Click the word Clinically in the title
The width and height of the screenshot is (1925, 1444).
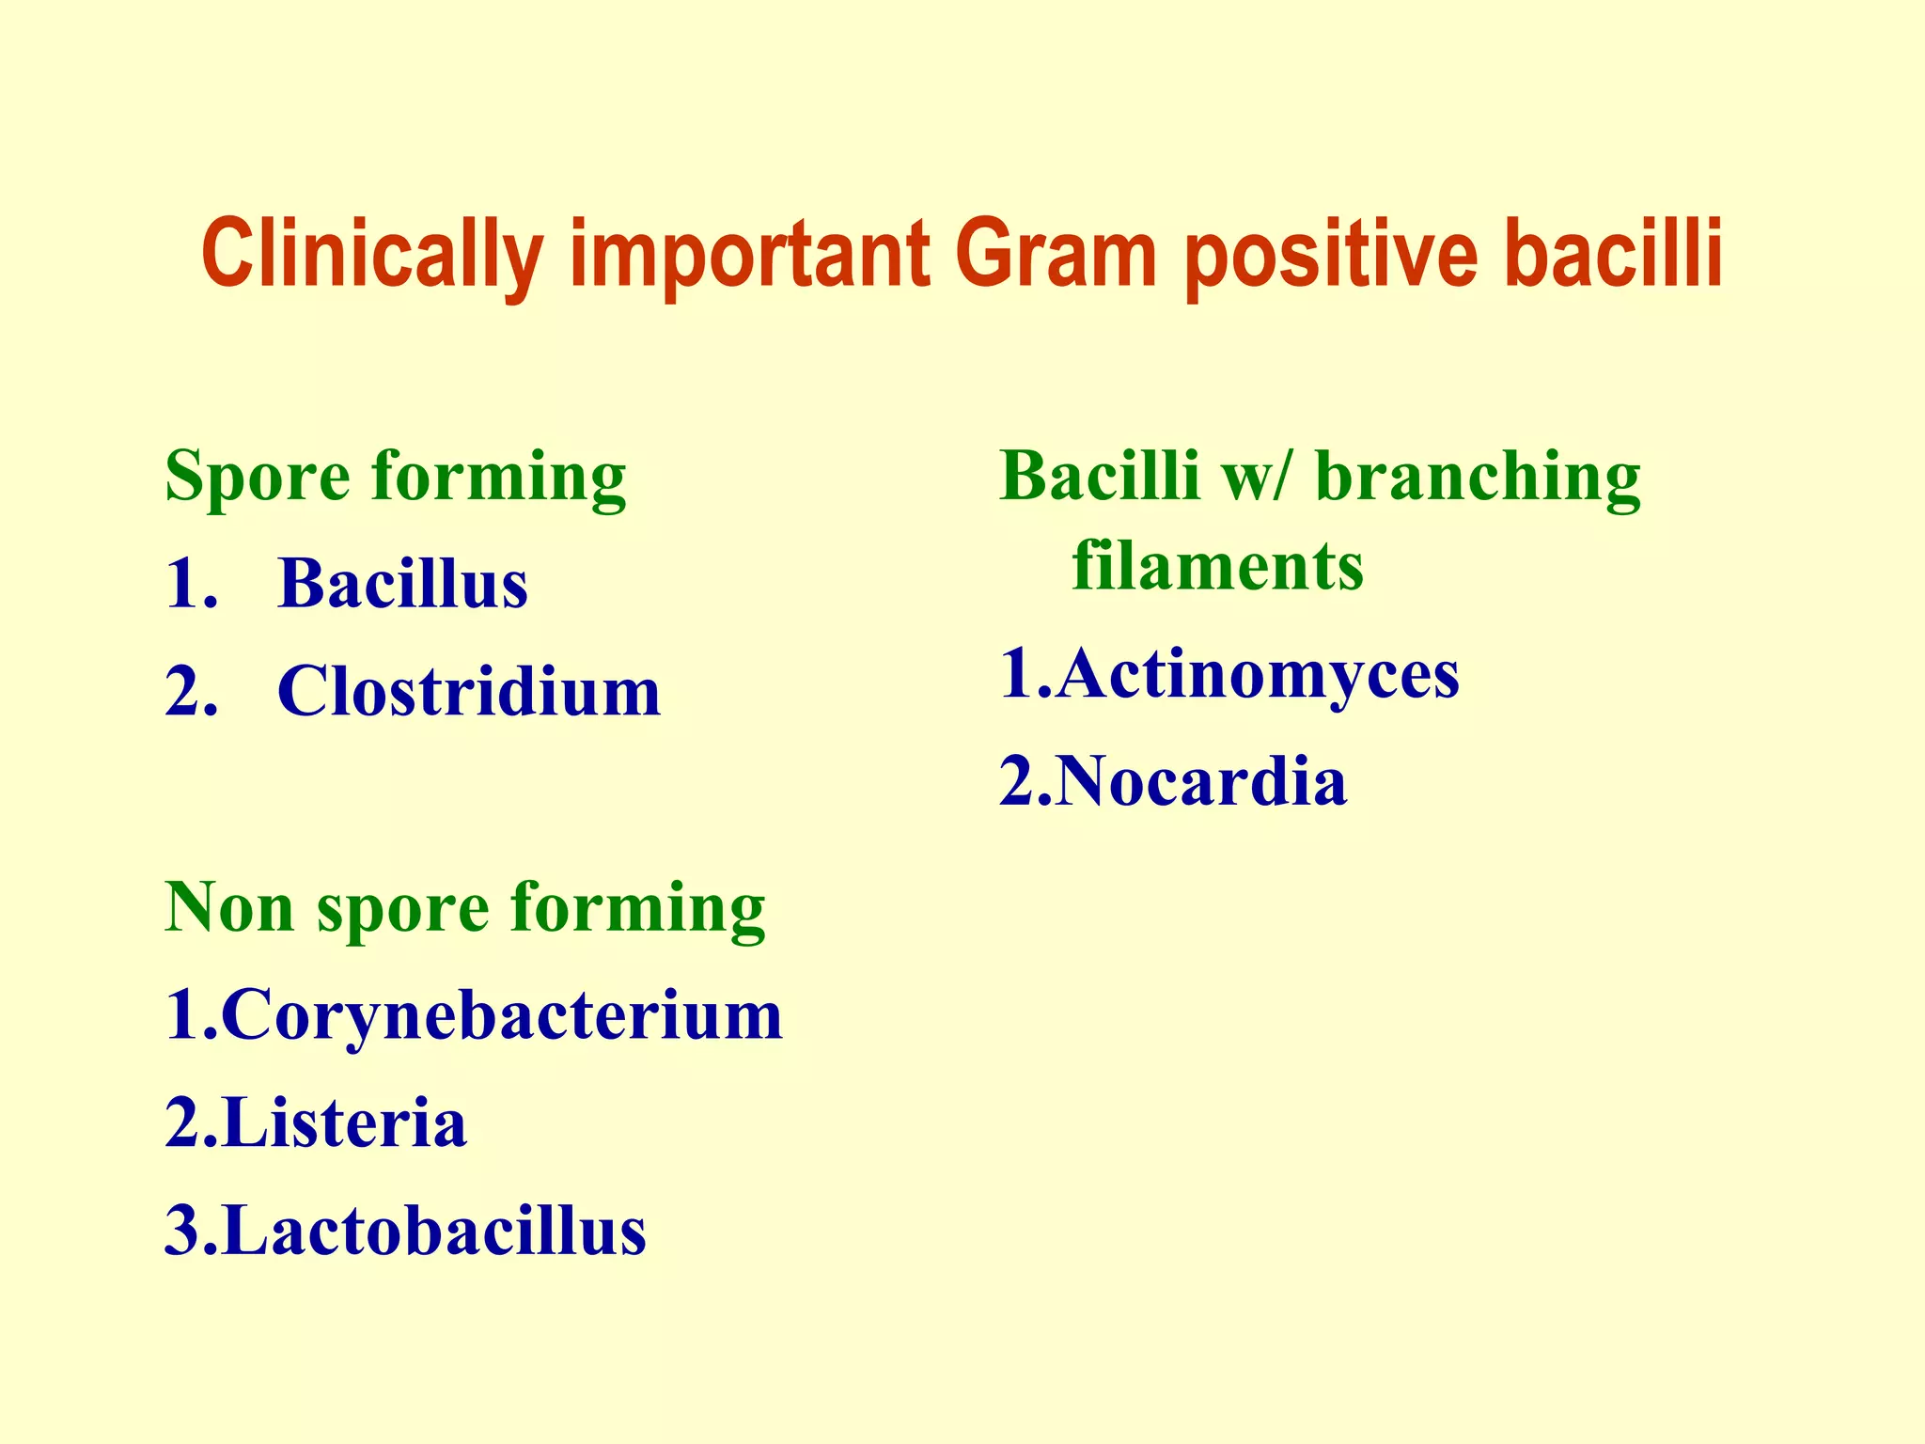coord(371,256)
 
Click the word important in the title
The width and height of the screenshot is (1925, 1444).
coord(750,256)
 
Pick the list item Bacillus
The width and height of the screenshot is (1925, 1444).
coord(402,585)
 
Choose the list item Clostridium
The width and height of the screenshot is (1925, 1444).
coord(468,693)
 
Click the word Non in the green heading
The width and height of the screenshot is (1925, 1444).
coord(229,909)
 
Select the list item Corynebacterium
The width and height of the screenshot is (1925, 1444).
coord(502,1017)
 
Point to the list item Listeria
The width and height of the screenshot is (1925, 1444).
coord(344,1124)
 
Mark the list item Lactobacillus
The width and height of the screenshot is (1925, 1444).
coord(434,1232)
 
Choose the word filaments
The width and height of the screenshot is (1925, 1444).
coord(1217,567)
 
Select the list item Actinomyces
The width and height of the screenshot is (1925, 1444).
coord(1257,675)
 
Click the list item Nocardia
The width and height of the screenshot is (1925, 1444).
coord(1200,783)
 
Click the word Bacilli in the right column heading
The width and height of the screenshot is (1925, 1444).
coord(1100,478)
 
